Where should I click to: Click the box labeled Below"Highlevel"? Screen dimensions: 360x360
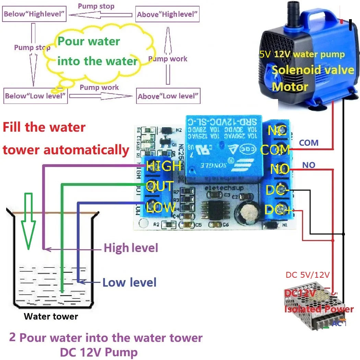click(x=34, y=14)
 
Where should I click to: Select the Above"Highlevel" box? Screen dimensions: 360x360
click(x=167, y=14)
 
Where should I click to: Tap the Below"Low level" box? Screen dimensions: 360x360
click(x=35, y=96)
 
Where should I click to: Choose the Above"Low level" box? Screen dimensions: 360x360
click(x=168, y=96)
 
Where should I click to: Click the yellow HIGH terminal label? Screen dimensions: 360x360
click(x=164, y=166)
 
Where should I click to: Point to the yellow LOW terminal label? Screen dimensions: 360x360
click(x=161, y=207)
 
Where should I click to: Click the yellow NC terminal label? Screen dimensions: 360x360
click(x=277, y=130)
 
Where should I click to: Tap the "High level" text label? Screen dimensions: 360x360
click(x=131, y=248)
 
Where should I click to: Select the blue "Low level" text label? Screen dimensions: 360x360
click(x=130, y=283)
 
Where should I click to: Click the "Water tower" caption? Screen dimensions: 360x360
click(x=51, y=316)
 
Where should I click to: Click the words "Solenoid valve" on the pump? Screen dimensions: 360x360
click(x=313, y=70)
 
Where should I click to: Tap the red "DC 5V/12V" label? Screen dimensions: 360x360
click(x=308, y=275)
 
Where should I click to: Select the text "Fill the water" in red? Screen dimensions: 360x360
click(x=44, y=127)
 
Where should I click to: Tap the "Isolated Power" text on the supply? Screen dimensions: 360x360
click(x=319, y=309)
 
